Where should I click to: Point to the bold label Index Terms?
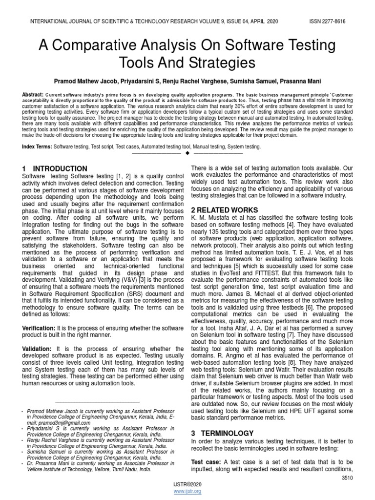click(37, 146)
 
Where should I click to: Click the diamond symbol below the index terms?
click(187, 154)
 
